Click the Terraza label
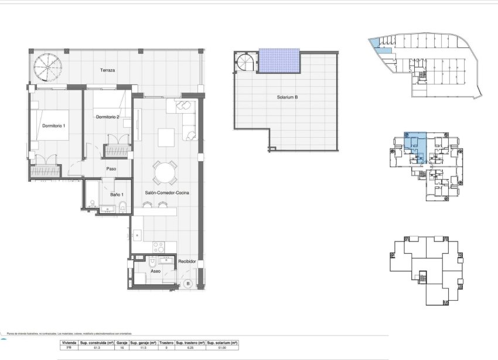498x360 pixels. pos(107,70)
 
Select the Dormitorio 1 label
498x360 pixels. pos(54,125)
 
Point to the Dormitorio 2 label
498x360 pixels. pos(107,117)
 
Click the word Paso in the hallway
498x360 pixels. pos(111,169)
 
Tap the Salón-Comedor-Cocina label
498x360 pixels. pos(167,192)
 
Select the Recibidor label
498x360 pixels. pos(187,262)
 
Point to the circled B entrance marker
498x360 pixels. pos(187,284)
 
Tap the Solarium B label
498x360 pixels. pos(288,97)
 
